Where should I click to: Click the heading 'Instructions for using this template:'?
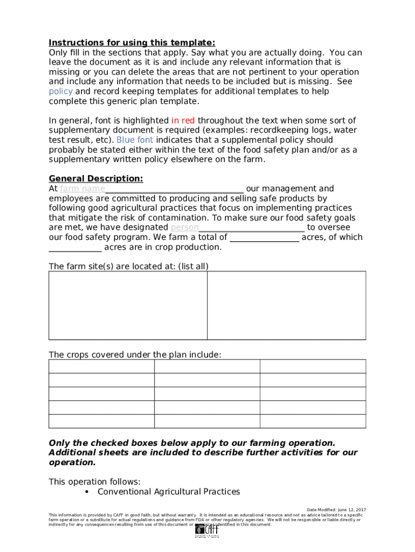click(132, 43)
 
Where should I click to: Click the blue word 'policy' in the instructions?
click(60, 92)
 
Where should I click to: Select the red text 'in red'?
click(183, 121)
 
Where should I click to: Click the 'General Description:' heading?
click(96, 179)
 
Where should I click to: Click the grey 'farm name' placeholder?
click(82, 189)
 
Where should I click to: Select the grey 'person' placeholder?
click(184, 227)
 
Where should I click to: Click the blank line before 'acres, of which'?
click(264, 237)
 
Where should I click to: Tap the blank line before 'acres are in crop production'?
click(75, 247)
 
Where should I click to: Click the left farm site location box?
click(128, 305)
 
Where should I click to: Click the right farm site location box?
click(286, 305)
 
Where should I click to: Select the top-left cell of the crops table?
click(101, 367)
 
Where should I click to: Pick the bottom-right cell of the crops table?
click(313, 421)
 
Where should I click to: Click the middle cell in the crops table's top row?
click(207, 367)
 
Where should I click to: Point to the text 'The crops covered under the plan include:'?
click(135, 355)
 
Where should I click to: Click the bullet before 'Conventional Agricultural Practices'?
click(87, 492)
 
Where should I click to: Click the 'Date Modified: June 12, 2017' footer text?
click(336, 509)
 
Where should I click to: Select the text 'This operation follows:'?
click(94, 482)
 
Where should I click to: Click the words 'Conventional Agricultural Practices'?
click(169, 492)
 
